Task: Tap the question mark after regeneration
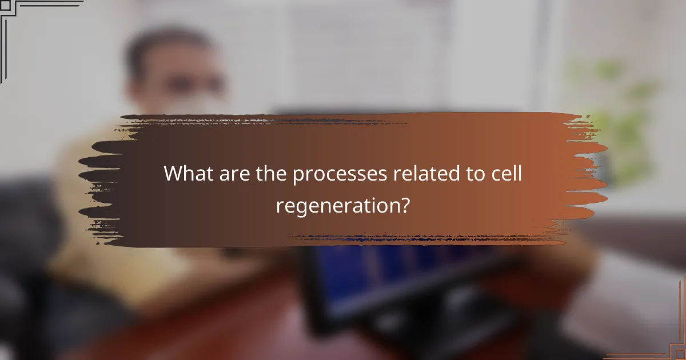coord(404,205)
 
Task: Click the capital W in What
coord(173,174)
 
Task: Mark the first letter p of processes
coord(298,176)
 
